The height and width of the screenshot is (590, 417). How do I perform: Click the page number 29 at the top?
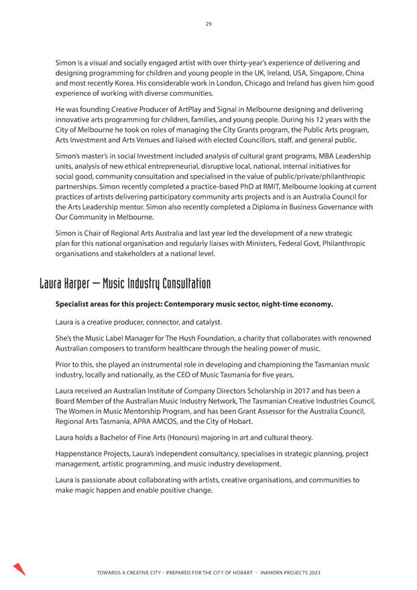pos(208,24)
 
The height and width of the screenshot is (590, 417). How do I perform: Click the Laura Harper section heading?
pos(125,283)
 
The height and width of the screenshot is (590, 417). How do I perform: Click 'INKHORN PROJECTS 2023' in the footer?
pos(286,574)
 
